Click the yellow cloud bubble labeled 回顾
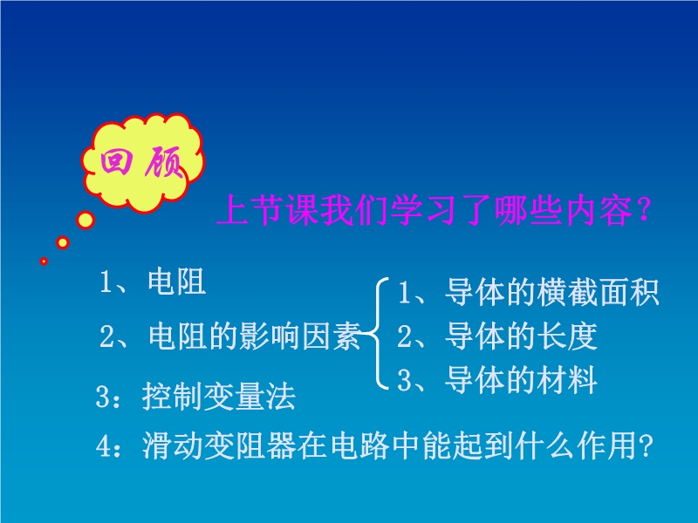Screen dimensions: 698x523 pos(142,161)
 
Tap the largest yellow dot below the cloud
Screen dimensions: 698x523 pos(85,220)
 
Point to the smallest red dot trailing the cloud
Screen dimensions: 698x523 pos(44,261)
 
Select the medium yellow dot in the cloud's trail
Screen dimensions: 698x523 pos(63,242)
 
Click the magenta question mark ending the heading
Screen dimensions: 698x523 pos(644,210)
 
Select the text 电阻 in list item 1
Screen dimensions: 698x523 pos(177,281)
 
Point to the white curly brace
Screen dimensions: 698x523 pos(377,333)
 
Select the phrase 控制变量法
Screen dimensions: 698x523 pos(219,396)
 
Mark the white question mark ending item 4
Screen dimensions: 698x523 pos(645,445)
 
